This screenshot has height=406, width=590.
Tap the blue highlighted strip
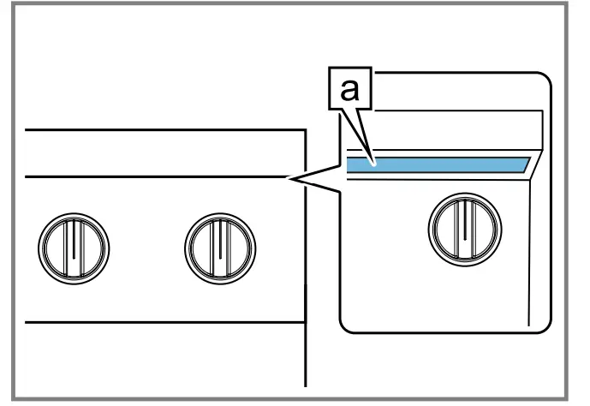(x=437, y=164)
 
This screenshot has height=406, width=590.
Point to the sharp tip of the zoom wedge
(x=289, y=179)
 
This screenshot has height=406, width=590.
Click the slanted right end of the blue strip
(x=524, y=164)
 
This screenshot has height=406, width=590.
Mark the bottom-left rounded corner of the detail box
(x=346, y=324)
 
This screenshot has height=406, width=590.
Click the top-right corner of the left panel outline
(x=306, y=129)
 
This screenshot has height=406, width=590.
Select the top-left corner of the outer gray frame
(x=3, y=3)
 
